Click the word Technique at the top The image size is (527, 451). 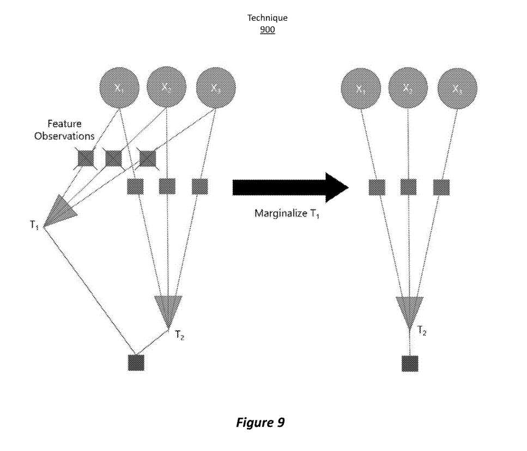coord(267,18)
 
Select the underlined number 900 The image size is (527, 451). coord(267,29)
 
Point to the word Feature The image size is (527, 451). coord(64,124)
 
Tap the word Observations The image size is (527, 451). coord(64,136)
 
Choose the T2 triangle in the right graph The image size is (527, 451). coord(409,311)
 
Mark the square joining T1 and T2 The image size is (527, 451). coord(136,363)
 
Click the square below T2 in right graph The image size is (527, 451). coord(410,364)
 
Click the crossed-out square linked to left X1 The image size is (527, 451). coord(86,158)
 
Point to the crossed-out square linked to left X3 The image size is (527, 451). coord(147,158)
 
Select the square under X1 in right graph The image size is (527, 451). coord(377,187)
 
